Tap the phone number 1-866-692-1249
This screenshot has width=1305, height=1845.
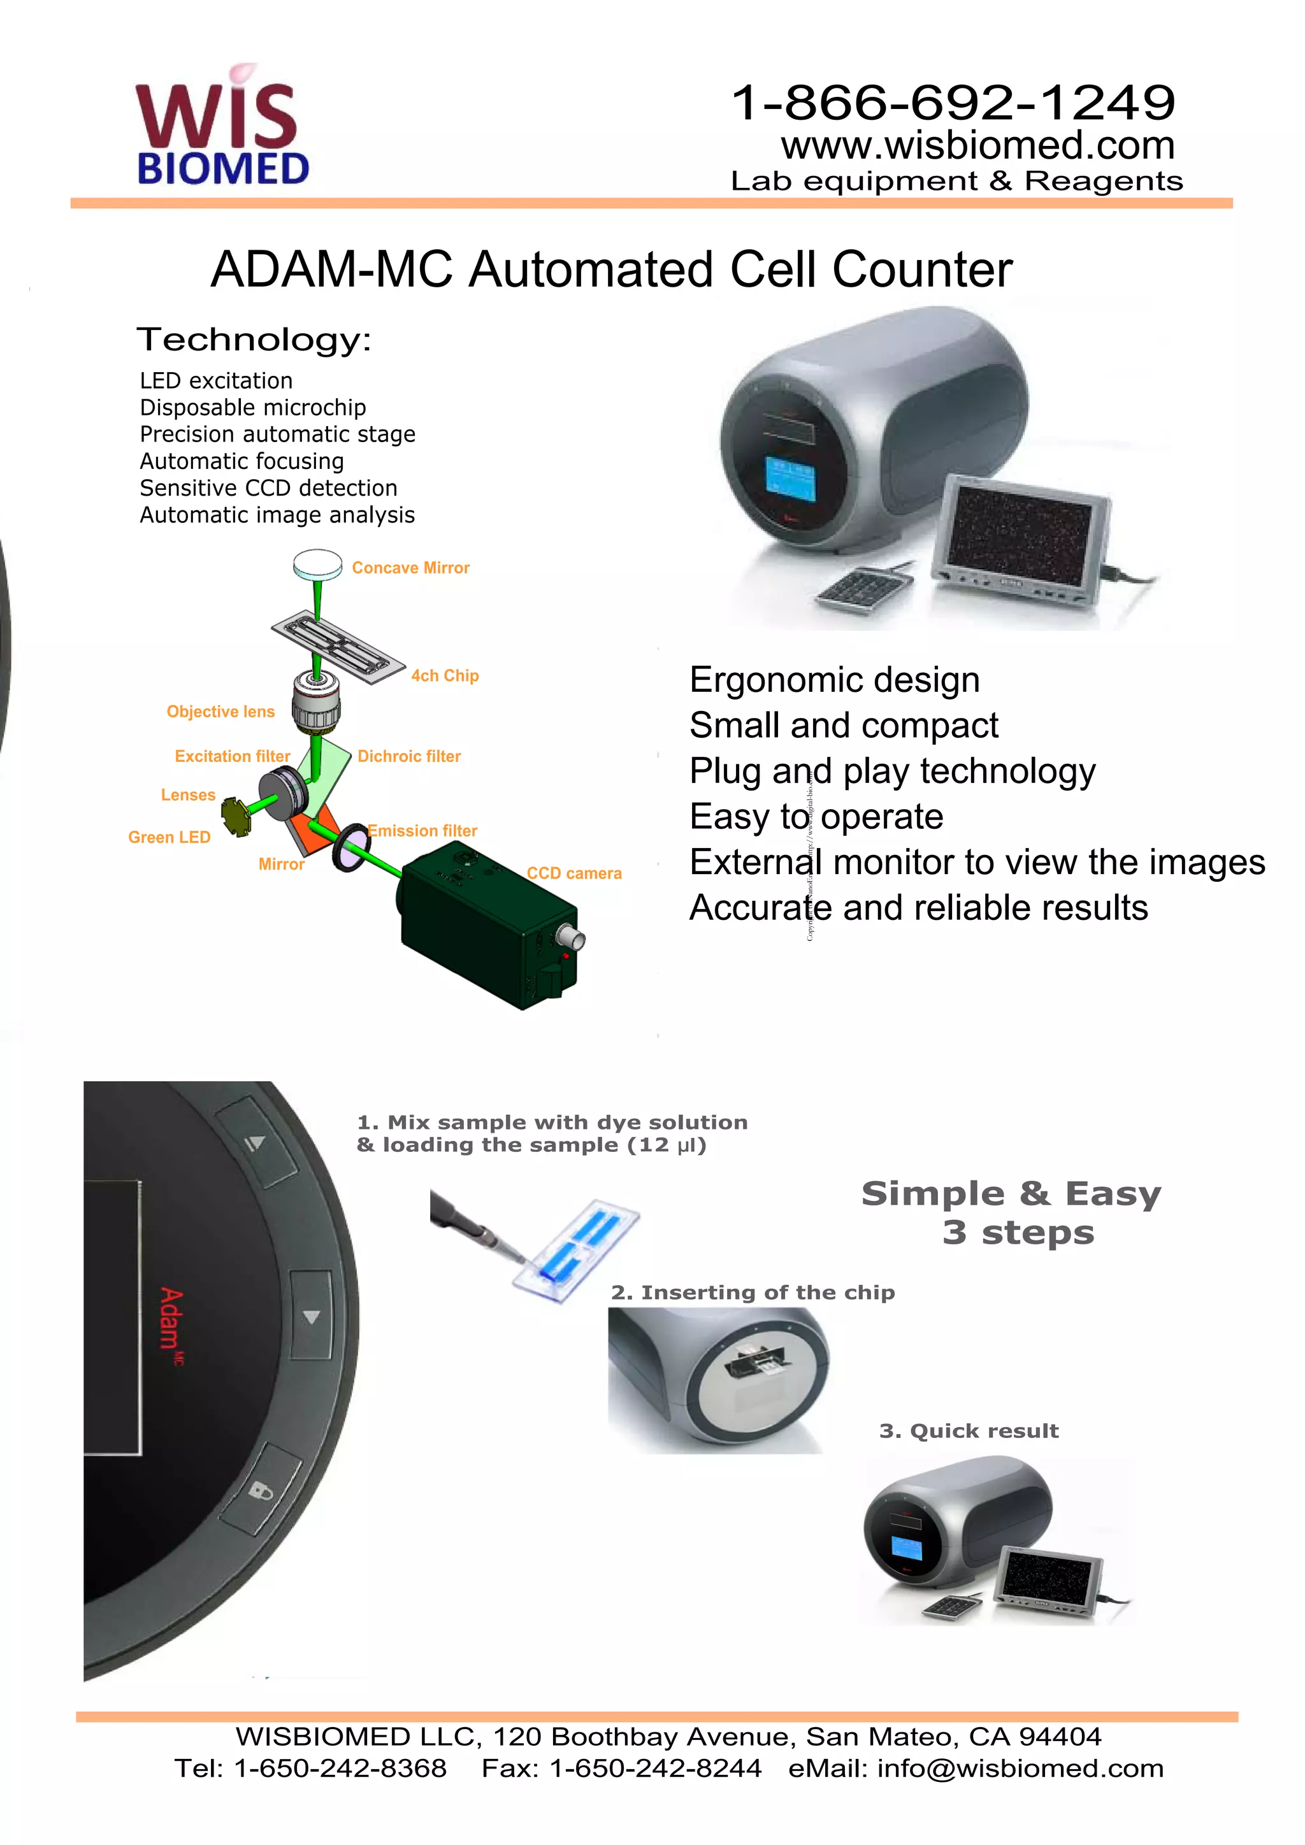pyautogui.click(x=953, y=102)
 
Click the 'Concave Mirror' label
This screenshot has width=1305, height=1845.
pyautogui.click(x=410, y=568)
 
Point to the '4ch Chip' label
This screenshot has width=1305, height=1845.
pyautogui.click(x=444, y=676)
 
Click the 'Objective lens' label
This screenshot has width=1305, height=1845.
pyautogui.click(x=220, y=712)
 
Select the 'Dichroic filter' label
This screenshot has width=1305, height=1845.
pyautogui.click(x=409, y=756)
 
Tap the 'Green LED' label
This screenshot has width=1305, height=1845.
pyautogui.click(x=169, y=837)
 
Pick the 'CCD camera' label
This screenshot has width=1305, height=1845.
pyautogui.click(x=573, y=873)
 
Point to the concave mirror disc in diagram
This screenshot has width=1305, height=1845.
pyautogui.click(x=317, y=563)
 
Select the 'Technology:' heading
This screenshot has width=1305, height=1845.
pyautogui.click(x=254, y=340)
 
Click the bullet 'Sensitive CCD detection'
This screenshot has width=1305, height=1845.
pyautogui.click(x=268, y=488)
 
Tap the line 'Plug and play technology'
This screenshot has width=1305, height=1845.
pyautogui.click(x=892, y=772)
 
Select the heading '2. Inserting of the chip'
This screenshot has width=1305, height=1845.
pyautogui.click(x=753, y=1292)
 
